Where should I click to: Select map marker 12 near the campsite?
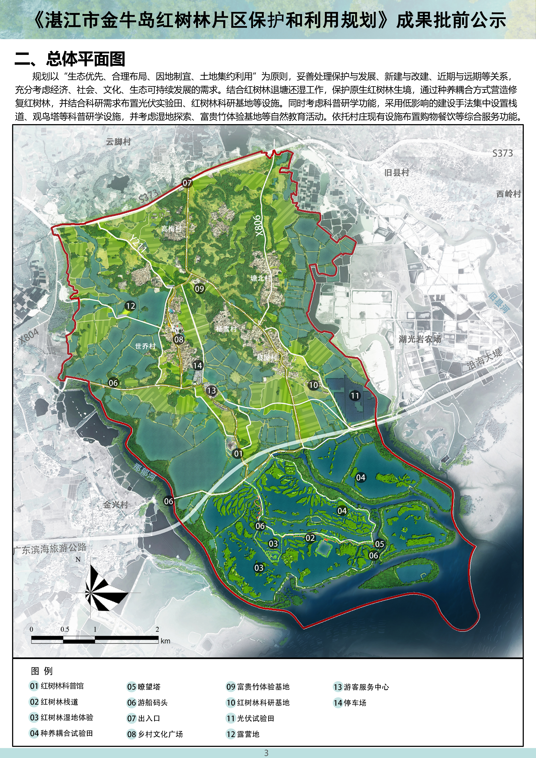130,306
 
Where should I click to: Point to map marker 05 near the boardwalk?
379,544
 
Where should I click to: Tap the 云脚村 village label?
118,142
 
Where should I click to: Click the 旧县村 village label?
397,173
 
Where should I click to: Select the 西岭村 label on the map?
508,194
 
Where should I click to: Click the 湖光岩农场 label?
420,339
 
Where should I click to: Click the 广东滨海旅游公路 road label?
50,549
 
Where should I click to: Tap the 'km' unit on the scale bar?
165,641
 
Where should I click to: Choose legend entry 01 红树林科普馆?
57,686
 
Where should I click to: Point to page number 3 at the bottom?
266,753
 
